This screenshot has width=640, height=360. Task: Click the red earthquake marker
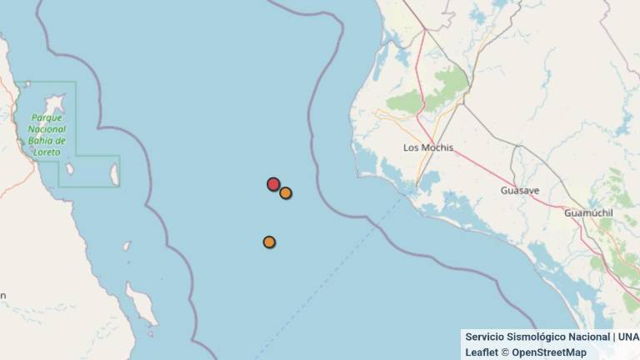click(x=273, y=184)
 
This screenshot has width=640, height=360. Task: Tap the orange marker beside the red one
click(x=286, y=193)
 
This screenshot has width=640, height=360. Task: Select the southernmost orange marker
click(x=269, y=242)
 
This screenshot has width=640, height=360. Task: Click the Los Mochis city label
click(x=427, y=147)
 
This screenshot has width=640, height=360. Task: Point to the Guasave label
click(x=519, y=191)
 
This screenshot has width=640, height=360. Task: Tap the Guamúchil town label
click(x=588, y=213)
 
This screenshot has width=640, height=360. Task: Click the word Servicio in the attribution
click(x=484, y=337)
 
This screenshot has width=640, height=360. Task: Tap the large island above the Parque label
click(x=55, y=104)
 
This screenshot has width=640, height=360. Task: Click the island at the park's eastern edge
click(x=114, y=173)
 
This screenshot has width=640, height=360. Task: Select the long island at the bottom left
click(x=142, y=303)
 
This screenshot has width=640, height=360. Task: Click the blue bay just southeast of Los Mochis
click(x=429, y=181)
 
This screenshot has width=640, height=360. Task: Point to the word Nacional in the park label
click(x=47, y=129)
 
